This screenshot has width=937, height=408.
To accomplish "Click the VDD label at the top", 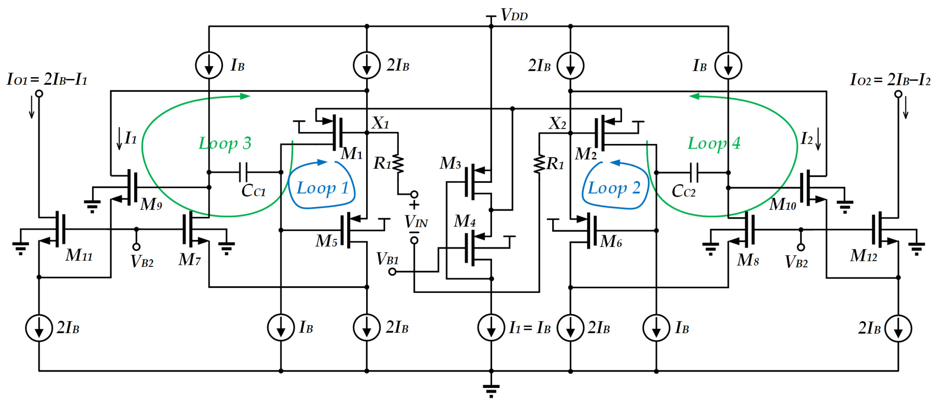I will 514,15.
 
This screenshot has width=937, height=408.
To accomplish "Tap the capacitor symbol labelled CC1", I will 243,172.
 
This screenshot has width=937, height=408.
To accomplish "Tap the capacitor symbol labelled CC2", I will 694,172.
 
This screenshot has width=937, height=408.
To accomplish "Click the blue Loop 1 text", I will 322,188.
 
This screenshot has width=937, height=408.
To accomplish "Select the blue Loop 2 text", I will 614,188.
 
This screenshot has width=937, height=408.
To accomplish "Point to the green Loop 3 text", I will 224,143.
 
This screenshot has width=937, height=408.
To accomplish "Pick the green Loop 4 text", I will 714,143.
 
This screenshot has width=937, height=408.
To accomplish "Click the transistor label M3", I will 450,163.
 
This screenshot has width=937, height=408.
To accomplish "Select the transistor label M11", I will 79,255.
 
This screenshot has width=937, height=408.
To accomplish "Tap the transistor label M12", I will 863,256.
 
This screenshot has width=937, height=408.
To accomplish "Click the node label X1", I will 380,123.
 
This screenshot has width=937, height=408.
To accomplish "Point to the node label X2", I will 557,123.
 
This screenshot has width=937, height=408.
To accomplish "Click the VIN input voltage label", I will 416,221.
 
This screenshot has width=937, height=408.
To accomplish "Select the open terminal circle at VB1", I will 392,272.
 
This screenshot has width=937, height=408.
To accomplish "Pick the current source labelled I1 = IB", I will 491,327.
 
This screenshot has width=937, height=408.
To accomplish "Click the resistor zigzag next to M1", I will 398,164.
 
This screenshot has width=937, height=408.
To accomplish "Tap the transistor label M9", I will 151,204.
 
